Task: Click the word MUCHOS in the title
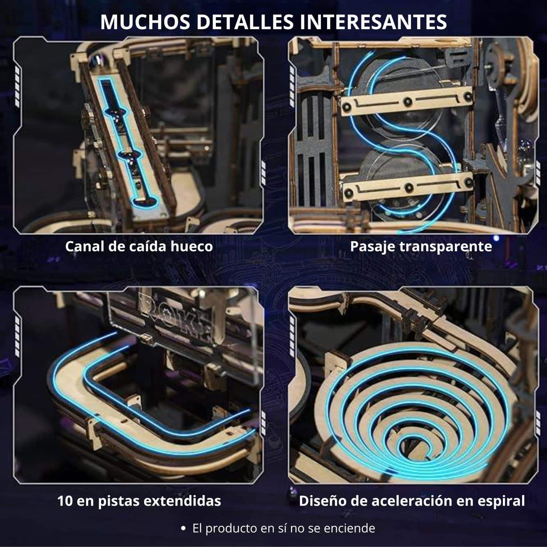[x=145, y=22]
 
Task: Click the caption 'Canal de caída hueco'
[x=139, y=246]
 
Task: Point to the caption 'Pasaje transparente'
[x=421, y=246]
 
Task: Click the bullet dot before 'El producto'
[x=183, y=529]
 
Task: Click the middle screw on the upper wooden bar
[x=408, y=101]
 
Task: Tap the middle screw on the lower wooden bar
[x=409, y=187]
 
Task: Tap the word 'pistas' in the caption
[x=119, y=501]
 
